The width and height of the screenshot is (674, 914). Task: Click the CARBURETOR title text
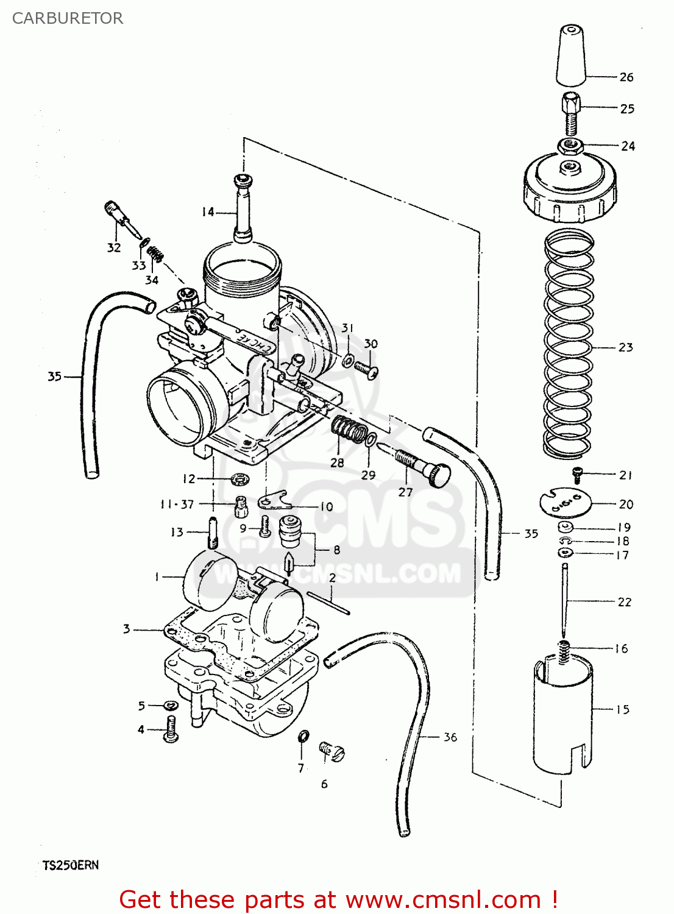click(x=68, y=18)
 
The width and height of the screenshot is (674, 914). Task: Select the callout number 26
click(x=626, y=77)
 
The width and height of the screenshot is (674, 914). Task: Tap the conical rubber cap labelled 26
click(x=571, y=55)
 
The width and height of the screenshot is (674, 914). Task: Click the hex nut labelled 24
click(x=571, y=146)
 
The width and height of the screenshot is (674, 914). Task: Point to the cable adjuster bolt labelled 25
click(x=570, y=113)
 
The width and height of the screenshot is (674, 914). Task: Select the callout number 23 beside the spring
click(x=626, y=347)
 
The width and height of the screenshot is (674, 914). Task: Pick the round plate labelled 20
click(x=566, y=503)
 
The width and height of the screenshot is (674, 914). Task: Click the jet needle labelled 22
click(x=565, y=600)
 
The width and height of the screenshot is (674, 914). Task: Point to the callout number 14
click(x=208, y=212)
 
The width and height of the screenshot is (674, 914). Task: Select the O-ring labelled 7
click(x=303, y=737)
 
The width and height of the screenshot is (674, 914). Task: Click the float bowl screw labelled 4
click(x=171, y=729)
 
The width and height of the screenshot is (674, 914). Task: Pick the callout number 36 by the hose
click(x=450, y=737)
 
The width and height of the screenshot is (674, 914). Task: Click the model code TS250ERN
click(x=71, y=865)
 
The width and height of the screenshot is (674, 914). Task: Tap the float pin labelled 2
click(x=328, y=603)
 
